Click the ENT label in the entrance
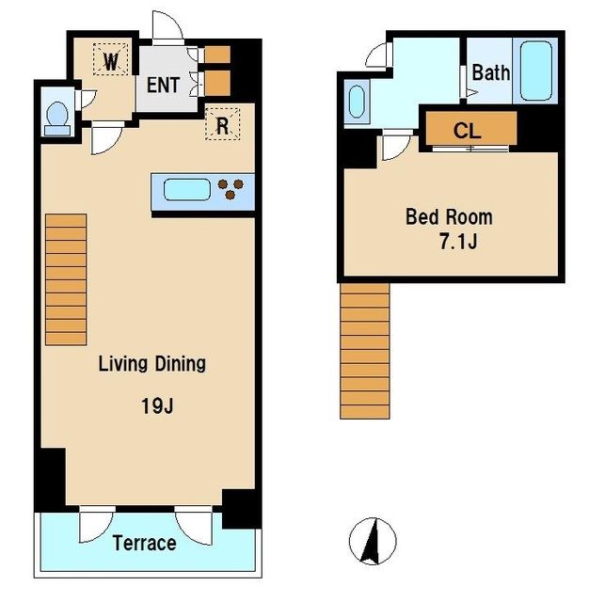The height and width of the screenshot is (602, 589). coord(163,85)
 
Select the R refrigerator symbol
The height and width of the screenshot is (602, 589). coord(223,124)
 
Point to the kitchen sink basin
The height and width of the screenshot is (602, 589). coord(187,190)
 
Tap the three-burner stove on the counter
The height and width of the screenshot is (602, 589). coord(231,189)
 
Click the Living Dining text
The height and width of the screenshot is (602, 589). coord(152,363)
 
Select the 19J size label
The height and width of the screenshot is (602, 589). coord(157,405)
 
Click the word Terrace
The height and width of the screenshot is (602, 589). coord(144,543)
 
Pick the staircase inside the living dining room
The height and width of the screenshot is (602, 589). coord(66,280)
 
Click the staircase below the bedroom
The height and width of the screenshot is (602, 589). coord(365,351)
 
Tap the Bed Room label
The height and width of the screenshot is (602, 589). coord(449,217)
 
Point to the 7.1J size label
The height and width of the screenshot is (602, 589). coord(458,242)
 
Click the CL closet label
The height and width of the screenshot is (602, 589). coord(467,131)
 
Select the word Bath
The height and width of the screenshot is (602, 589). coord(491,72)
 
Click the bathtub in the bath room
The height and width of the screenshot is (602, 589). coord(536,71)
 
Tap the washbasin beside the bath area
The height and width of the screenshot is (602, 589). coord(358,102)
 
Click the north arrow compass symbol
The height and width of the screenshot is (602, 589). coord(373,541)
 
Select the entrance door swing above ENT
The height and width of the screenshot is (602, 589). coord(167,25)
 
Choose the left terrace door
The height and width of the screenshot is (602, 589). coord(97,525)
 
